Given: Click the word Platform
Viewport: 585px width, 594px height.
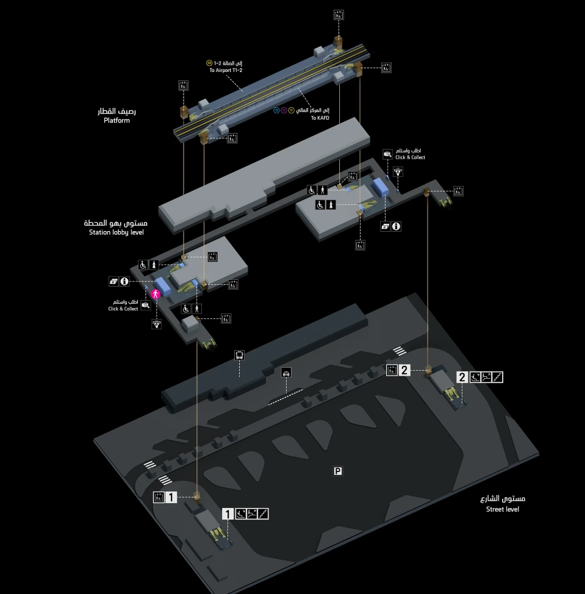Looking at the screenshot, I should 117,121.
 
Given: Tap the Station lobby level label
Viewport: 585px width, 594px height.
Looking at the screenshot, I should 116,232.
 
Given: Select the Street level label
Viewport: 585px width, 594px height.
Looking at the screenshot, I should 502,509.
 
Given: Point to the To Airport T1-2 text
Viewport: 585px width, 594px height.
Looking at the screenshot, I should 226,71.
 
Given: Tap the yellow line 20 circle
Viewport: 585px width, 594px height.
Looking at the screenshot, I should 209,63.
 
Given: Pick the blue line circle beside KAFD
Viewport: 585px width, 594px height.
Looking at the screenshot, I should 276,110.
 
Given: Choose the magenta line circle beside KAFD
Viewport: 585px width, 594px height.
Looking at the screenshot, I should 284,110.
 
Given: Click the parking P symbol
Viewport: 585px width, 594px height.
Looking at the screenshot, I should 338,471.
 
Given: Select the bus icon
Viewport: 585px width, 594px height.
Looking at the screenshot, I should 240,354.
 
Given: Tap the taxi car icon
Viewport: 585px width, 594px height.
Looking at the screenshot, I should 286,373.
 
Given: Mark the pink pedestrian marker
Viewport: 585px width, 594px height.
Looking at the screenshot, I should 156,295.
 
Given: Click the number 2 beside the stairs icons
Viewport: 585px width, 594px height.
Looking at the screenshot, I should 462,377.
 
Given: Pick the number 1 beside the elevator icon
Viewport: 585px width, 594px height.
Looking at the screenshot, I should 171,497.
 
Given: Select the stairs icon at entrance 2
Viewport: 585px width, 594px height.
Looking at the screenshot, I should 498,377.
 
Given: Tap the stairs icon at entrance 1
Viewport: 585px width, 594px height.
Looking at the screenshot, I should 263,513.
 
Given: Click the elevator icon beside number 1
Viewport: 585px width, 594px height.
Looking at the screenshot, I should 159,497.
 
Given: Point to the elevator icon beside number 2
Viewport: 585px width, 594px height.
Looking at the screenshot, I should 392,370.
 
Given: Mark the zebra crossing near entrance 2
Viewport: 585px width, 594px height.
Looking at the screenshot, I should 399,351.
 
